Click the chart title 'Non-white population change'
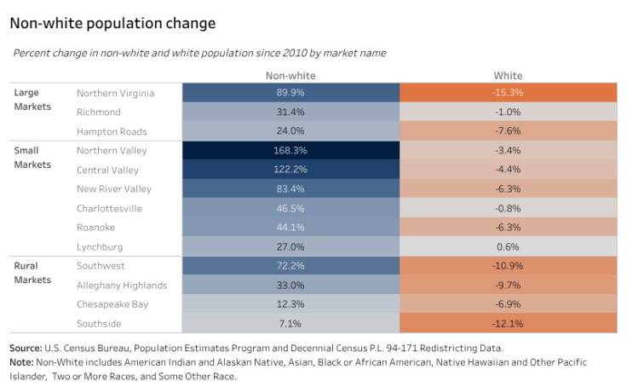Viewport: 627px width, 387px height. click(112, 23)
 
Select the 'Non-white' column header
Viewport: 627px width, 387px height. click(290, 75)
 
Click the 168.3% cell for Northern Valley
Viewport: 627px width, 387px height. click(290, 151)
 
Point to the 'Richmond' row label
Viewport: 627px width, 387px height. click(99, 113)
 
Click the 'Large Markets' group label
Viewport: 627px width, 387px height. click(32, 100)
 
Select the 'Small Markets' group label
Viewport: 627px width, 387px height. click(32, 158)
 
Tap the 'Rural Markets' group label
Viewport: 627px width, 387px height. click(32, 273)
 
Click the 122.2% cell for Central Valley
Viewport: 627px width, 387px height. click(290, 170)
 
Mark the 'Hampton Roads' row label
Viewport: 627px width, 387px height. click(112, 131)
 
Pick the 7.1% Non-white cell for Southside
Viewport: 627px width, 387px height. click(290, 324)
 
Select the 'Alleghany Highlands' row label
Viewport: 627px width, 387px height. click(122, 286)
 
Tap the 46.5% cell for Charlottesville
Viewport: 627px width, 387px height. click(290, 209)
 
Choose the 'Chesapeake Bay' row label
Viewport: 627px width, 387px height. click(112, 304)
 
